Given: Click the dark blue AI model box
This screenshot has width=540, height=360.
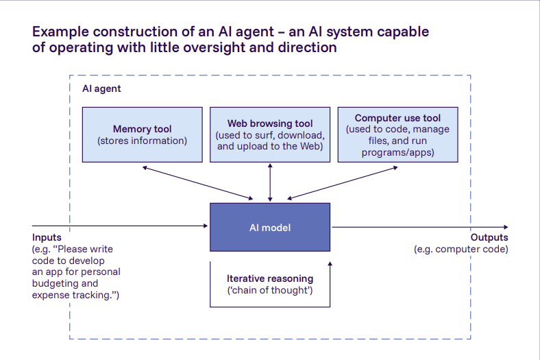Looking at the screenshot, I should tap(270, 227).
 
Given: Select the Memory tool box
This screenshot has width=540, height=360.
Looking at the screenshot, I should tap(142, 134).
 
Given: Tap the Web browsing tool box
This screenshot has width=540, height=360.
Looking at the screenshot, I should tap(270, 134).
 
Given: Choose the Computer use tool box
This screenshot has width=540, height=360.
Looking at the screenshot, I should tap(397, 134).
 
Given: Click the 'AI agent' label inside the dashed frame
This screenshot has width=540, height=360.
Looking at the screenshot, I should tap(101, 89).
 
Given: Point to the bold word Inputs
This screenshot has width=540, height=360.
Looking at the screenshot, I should tap(47, 238).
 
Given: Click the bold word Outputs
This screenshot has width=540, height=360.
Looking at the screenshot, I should tap(489, 238).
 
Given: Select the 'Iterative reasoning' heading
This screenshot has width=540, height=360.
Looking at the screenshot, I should tap(270, 279).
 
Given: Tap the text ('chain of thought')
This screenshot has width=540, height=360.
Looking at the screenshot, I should tap(270, 290).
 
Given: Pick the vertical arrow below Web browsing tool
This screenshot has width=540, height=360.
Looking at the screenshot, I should tap(270, 182).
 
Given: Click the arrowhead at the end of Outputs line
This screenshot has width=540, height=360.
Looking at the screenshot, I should tap(505, 227).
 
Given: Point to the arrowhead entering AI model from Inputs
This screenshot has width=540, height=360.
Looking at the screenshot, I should tap(206, 226).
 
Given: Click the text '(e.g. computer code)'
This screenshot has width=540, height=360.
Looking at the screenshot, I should tap(461, 250).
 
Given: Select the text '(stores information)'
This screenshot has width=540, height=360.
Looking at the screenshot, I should tap(142, 141).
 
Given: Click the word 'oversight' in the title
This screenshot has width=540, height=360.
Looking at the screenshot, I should tap(194, 48).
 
